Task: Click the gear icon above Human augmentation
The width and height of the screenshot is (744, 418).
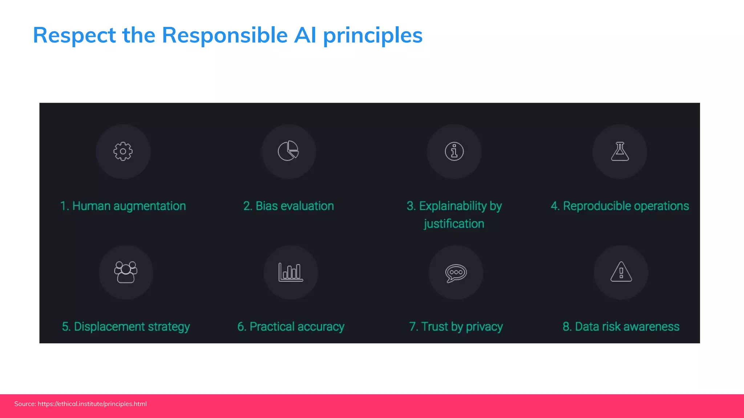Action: point(123,151)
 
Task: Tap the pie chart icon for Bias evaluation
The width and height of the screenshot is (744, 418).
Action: point(288,151)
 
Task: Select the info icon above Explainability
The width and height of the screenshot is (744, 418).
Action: point(454,151)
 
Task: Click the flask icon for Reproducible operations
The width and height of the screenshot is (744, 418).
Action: point(620,151)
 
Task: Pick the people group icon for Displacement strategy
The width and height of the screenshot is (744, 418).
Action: point(126,272)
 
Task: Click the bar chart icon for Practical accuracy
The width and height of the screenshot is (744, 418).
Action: point(291,272)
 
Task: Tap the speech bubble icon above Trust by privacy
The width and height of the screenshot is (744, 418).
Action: point(456,273)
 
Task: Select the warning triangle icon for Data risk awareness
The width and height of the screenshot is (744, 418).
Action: point(621,272)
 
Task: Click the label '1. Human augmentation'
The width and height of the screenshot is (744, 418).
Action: point(123,206)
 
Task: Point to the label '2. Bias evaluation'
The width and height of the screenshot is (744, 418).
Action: point(288,206)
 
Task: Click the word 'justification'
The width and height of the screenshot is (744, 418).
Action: point(454,224)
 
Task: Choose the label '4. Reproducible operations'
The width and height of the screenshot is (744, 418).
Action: point(620,206)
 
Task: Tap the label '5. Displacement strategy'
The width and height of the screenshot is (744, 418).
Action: point(126,327)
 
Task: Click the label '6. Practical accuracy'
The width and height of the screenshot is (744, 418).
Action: point(291,327)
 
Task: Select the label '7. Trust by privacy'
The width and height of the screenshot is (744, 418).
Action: point(456,327)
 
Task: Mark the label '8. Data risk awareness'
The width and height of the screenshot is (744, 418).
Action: point(621,327)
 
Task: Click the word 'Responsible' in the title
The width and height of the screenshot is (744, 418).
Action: point(225,35)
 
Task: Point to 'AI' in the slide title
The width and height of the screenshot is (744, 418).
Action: point(305,35)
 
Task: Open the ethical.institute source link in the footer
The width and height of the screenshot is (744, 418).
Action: point(92,404)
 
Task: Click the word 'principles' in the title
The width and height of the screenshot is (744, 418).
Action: point(373,35)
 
